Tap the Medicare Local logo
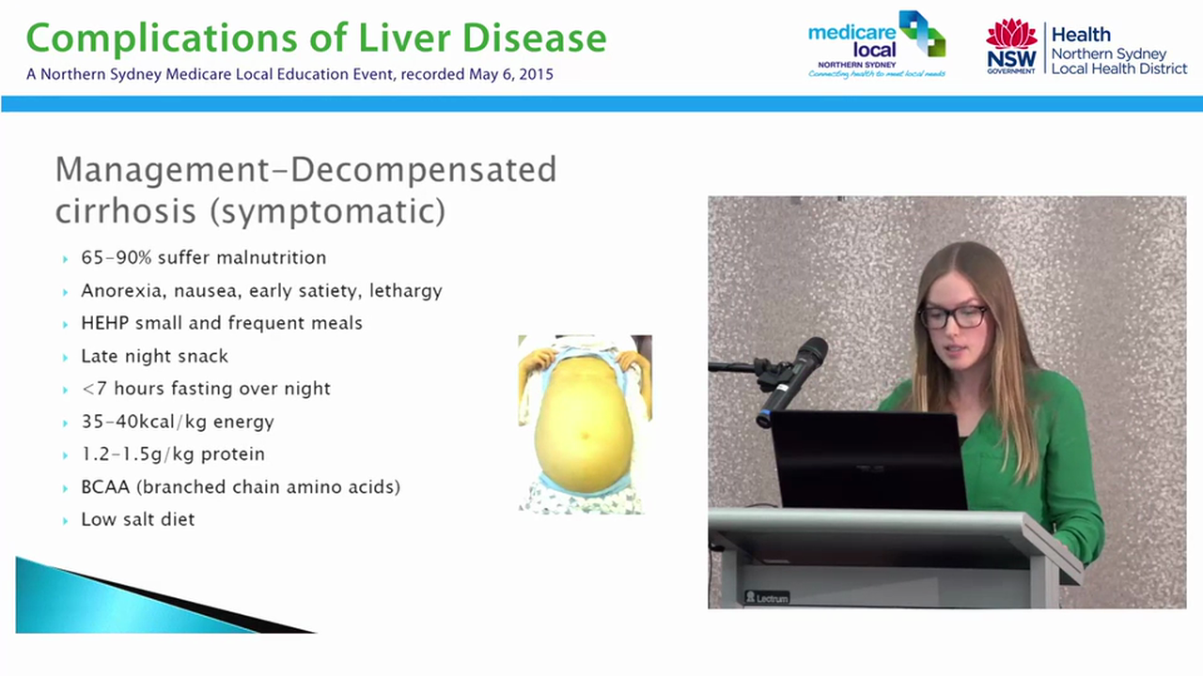pyautogui.click(x=876, y=44)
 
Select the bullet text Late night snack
pyautogui.click(x=154, y=356)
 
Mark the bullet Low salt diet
pyautogui.click(x=137, y=519)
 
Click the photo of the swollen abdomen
pyautogui.click(x=585, y=424)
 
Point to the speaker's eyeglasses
pyautogui.click(x=952, y=316)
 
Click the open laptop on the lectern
pyautogui.click(x=868, y=460)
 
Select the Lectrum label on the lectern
pyautogui.click(x=767, y=597)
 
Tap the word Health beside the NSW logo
pyautogui.click(x=1080, y=35)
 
